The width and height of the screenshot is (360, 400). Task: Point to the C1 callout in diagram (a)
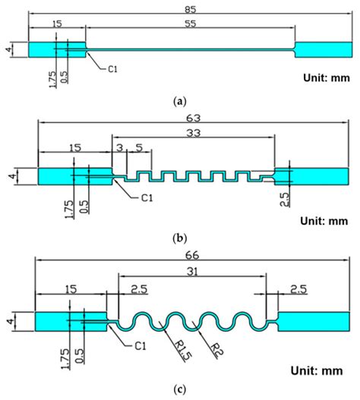point(112,68)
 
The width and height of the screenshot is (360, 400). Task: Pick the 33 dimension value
point(195,134)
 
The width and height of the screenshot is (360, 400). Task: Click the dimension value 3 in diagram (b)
point(119,147)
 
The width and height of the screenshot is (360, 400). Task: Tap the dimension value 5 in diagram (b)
point(137,147)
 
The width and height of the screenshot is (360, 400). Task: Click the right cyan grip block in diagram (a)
point(312,49)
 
